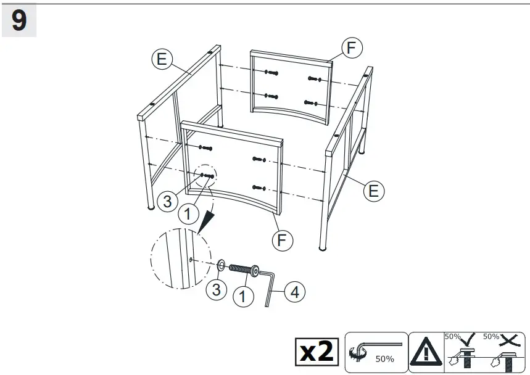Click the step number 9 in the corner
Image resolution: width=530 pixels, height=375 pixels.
tap(19, 21)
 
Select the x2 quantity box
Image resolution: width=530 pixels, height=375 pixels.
tap(317, 352)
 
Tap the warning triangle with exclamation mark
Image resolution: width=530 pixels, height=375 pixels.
tap(426, 352)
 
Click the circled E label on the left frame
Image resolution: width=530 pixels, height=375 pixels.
tap(161, 59)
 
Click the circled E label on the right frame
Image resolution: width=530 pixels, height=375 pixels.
tap(373, 191)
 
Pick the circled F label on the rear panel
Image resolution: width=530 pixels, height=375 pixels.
tap(351, 47)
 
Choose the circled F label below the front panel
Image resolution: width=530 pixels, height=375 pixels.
tap(281, 239)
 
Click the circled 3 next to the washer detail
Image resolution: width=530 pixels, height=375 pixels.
tap(216, 290)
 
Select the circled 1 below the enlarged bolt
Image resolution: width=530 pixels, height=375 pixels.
tap(244, 296)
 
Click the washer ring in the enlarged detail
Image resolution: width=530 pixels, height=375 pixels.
tap(220, 265)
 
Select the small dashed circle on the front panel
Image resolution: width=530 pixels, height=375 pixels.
tap(206, 176)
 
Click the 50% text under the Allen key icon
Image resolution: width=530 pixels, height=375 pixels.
tap(384, 359)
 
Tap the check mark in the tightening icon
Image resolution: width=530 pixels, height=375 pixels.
tap(471, 337)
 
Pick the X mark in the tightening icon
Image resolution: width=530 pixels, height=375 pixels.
tap(509, 337)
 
